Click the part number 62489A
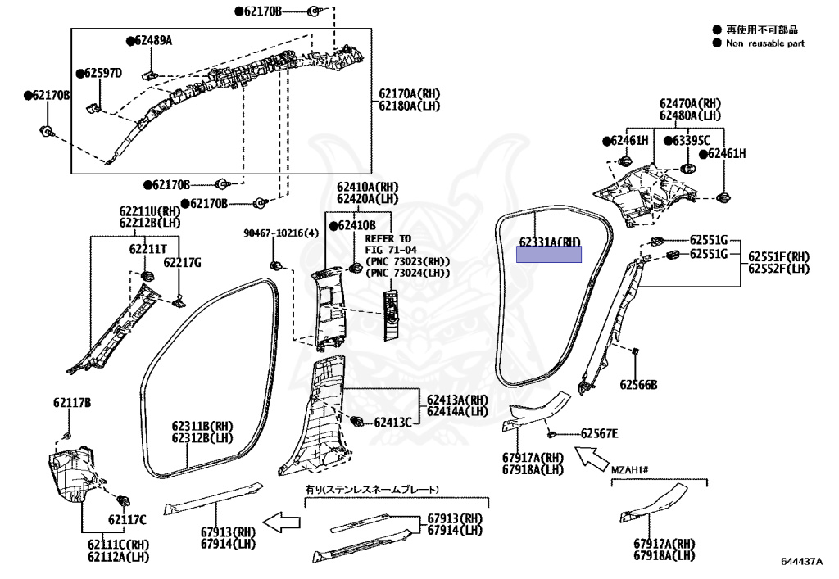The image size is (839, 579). [x=153, y=40]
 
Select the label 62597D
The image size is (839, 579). [x=102, y=74]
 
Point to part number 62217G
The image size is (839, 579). [x=182, y=262]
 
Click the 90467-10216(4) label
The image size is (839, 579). [x=280, y=233]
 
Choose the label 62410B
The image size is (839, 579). [x=356, y=225]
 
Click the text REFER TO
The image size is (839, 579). [x=386, y=238]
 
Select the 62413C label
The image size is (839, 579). [x=392, y=423]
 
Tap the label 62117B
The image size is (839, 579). [x=72, y=403]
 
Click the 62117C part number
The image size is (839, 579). [x=126, y=519]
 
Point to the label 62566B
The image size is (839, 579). [x=638, y=384]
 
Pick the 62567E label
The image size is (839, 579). [x=600, y=433]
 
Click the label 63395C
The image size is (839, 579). [x=692, y=141]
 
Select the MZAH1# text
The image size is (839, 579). [x=630, y=470]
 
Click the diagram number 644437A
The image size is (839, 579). [x=801, y=563]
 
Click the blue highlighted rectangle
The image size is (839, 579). [x=548, y=255]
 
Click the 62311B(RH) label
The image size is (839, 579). [x=202, y=427]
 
